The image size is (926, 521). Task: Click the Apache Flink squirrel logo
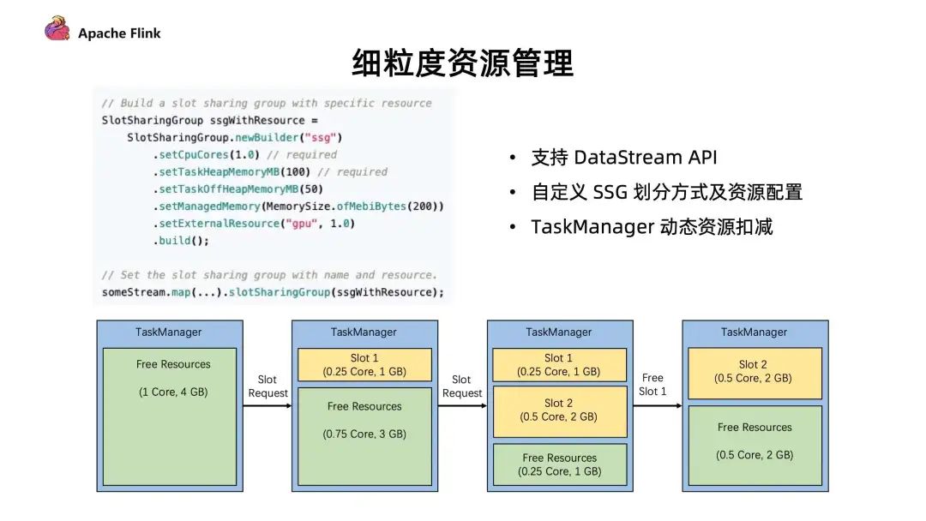point(57,30)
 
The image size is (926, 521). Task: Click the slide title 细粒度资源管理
point(462,63)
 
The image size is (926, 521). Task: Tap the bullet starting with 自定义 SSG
point(666,192)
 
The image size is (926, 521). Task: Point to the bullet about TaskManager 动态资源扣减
point(652,227)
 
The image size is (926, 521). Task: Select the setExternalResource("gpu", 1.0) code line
point(255,224)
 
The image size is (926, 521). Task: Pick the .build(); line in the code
point(182,241)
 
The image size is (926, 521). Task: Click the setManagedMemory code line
point(299,207)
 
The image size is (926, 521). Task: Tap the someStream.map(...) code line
point(273,292)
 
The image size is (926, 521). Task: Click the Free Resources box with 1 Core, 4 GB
point(170,416)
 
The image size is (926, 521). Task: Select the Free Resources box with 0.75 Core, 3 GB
point(364,438)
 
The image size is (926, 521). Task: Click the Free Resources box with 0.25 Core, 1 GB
point(559,464)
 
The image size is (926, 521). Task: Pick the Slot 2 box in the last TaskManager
point(755,372)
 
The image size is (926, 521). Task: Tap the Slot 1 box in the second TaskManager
point(364,364)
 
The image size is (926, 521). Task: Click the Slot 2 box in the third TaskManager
point(559,410)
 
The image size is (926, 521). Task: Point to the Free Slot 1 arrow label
point(653,385)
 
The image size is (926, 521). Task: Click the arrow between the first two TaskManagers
point(268,405)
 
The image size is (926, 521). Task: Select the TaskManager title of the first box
point(169,332)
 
